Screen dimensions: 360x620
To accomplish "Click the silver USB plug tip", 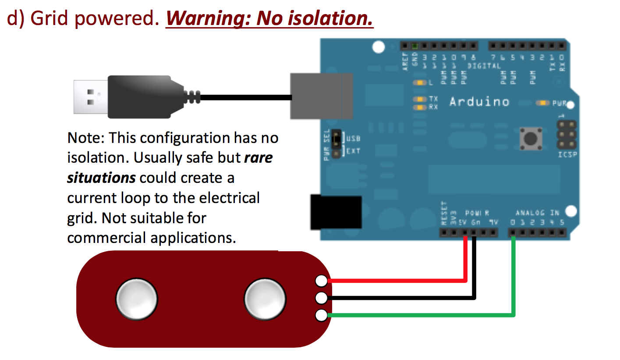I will (90, 97).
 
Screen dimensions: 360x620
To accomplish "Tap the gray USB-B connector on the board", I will (322, 96).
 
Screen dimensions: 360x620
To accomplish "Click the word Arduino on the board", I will (479, 102).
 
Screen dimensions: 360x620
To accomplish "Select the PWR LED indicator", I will (543, 103).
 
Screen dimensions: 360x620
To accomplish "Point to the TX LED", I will (421, 99).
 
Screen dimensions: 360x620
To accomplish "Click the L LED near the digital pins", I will (421, 82).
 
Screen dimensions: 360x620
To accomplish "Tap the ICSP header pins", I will (567, 135).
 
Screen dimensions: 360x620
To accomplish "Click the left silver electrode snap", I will (136, 299).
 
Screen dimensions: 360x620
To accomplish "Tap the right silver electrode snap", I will (265, 299).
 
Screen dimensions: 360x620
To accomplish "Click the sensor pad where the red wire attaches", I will (322, 281).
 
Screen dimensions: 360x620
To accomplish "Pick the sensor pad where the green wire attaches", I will (322, 315).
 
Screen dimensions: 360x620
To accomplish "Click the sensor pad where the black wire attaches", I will (322, 298).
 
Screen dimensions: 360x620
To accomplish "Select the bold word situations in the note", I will (101, 178).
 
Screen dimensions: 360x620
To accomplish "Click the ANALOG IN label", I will (537, 213).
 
